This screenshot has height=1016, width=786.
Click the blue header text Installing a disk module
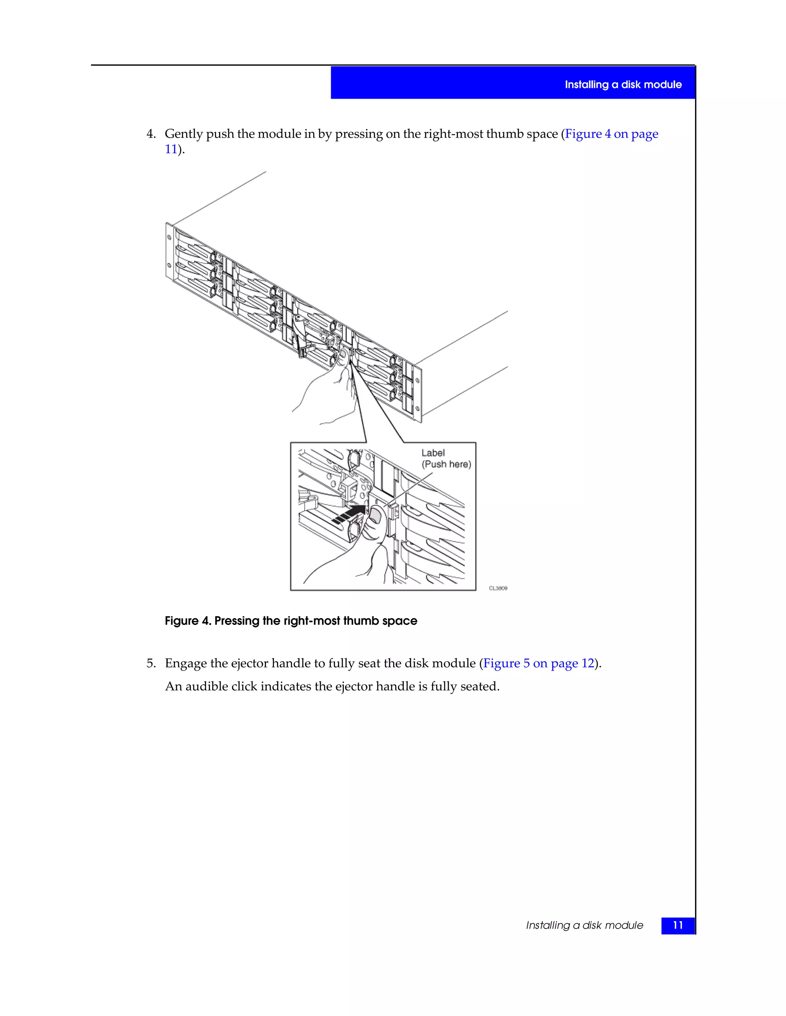[623, 85]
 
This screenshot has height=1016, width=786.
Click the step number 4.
[150, 134]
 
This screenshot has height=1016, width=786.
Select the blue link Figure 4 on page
[611, 134]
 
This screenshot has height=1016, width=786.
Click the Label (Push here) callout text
[446, 459]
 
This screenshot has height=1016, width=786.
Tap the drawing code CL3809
[498, 589]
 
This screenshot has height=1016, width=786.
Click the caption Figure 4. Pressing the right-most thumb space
[291, 621]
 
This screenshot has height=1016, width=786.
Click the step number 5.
[150, 663]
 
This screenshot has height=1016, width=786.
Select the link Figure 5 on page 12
[539, 663]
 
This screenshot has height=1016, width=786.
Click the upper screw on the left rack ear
[169, 238]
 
